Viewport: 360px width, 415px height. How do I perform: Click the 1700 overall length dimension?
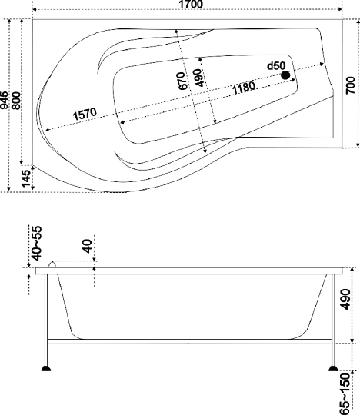tap(191, 4)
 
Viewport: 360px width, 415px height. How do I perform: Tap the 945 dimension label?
tap(5, 101)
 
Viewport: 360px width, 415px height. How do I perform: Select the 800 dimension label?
tap(16, 101)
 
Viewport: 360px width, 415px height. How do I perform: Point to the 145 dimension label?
tap(25, 178)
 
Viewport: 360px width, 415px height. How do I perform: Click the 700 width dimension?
tap(350, 85)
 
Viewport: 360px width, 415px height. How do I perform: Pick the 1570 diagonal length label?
tap(85, 114)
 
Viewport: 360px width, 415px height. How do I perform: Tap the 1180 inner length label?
tap(244, 88)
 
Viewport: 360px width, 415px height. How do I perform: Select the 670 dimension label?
tap(182, 81)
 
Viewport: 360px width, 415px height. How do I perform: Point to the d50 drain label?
tap(276, 65)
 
